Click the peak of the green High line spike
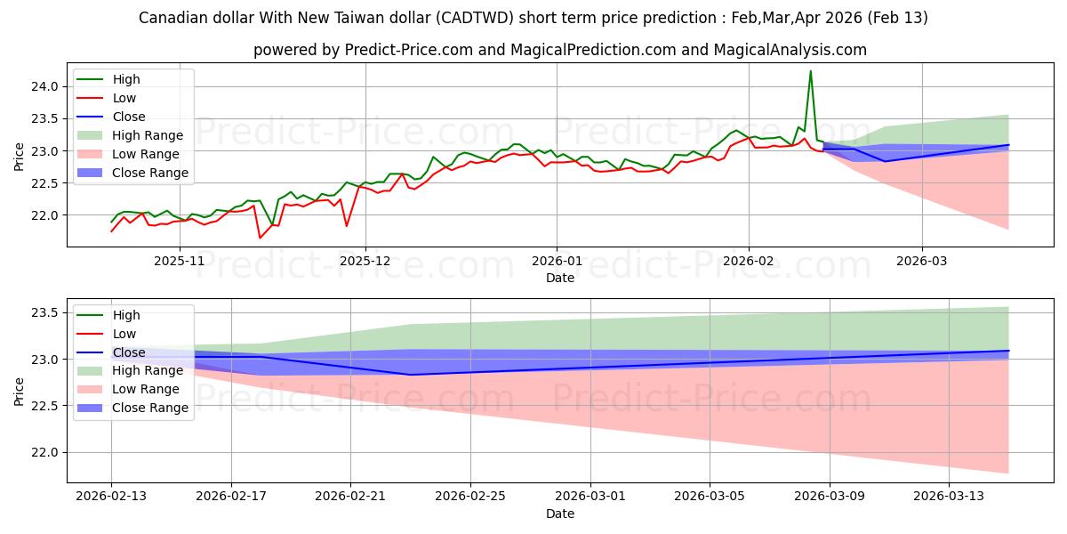[x=810, y=71]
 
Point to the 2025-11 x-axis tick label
[x=180, y=261]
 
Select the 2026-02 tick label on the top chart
[x=748, y=261]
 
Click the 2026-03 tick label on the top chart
[x=921, y=261]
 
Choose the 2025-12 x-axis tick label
[x=365, y=261]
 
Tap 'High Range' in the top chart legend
[x=147, y=135]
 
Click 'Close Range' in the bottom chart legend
[x=150, y=408]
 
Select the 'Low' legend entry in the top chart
[x=124, y=98]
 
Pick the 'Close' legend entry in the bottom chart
[x=129, y=352]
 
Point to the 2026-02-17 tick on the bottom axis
[x=231, y=497]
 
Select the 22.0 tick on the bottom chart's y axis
[x=47, y=453]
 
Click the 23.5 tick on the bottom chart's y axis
[x=47, y=313]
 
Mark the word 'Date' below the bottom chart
[x=560, y=514]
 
